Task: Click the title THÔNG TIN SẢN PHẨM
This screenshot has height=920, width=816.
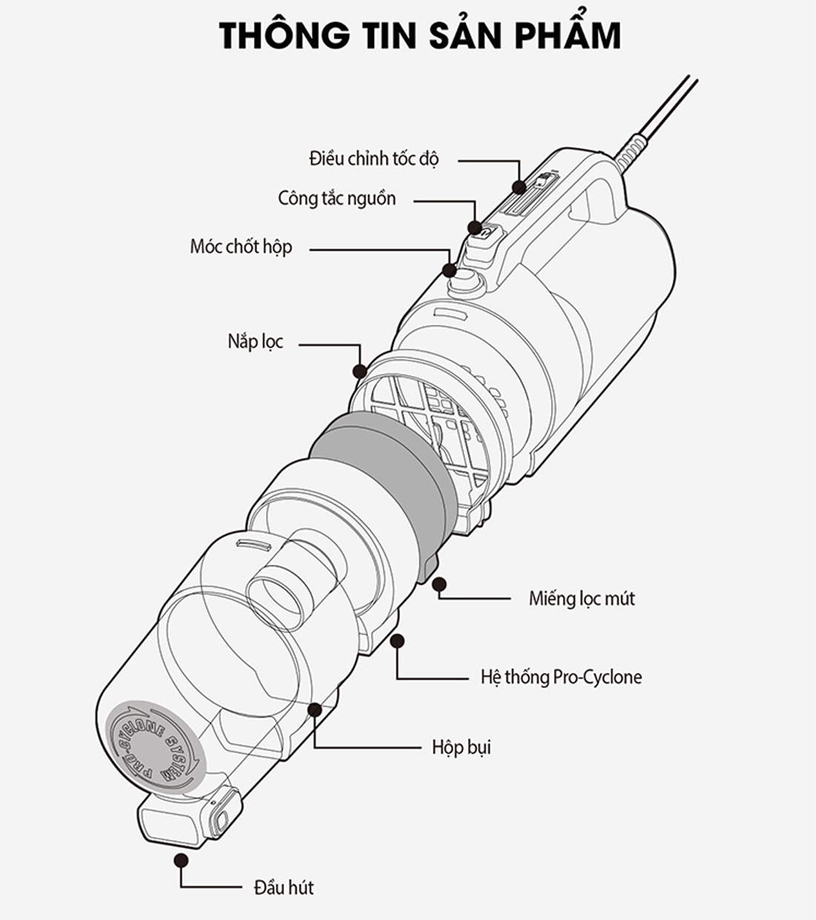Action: click(x=420, y=36)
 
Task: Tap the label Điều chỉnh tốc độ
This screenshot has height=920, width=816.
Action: click(x=374, y=159)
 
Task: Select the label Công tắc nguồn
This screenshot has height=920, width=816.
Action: click(x=337, y=199)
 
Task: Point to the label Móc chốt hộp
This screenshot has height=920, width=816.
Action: click(x=241, y=247)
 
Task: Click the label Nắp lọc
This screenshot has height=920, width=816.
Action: click(x=255, y=342)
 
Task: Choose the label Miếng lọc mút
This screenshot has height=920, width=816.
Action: click(x=582, y=598)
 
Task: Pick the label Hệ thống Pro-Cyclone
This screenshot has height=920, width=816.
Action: click(x=561, y=677)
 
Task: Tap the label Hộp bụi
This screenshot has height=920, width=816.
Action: click(x=461, y=746)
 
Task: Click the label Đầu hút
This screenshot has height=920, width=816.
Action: click(x=283, y=887)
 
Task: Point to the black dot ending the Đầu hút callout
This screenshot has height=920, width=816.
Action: click(x=180, y=859)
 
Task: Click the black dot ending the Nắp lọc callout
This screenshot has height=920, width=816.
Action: click(x=360, y=370)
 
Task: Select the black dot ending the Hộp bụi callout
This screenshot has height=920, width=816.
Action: click(x=315, y=709)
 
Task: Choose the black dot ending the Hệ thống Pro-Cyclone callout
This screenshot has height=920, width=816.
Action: click(x=398, y=640)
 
